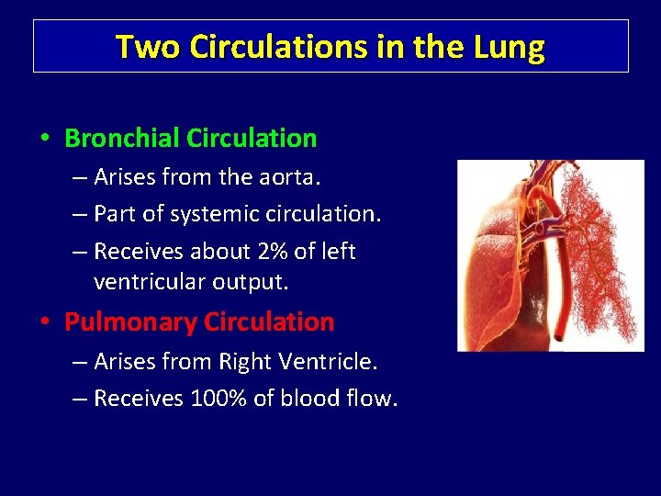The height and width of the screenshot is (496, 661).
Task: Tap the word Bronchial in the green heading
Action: click(x=121, y=139)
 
